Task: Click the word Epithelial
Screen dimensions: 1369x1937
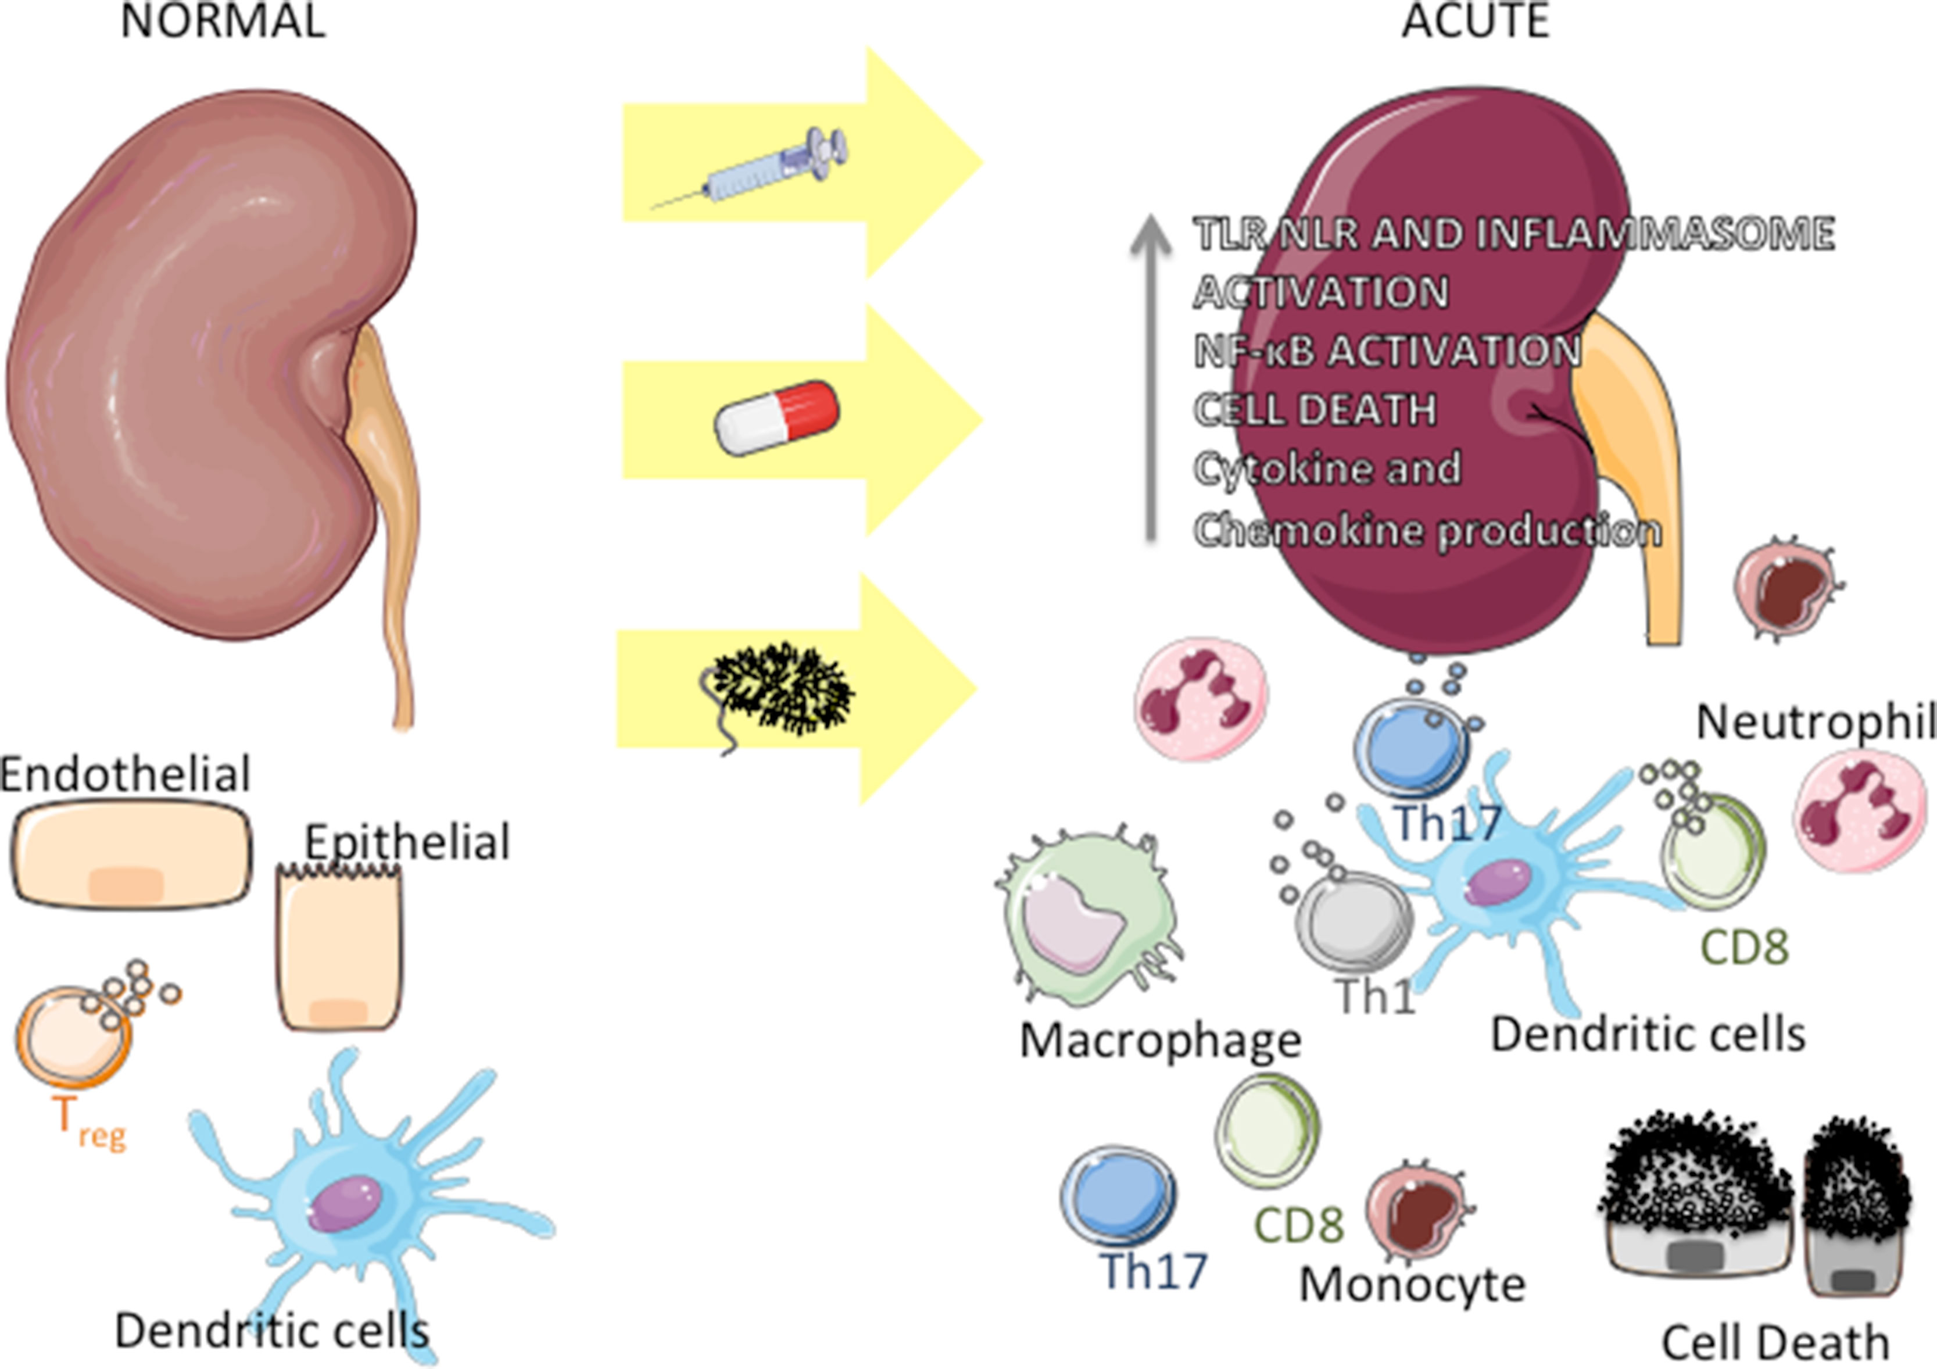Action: (x=407, y=842)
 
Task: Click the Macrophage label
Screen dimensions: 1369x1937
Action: (x=1160, y=1041)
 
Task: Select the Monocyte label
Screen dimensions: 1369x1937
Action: (x=1412, y=1285)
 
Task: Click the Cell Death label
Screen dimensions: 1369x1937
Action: (x=1775, y=1343)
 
